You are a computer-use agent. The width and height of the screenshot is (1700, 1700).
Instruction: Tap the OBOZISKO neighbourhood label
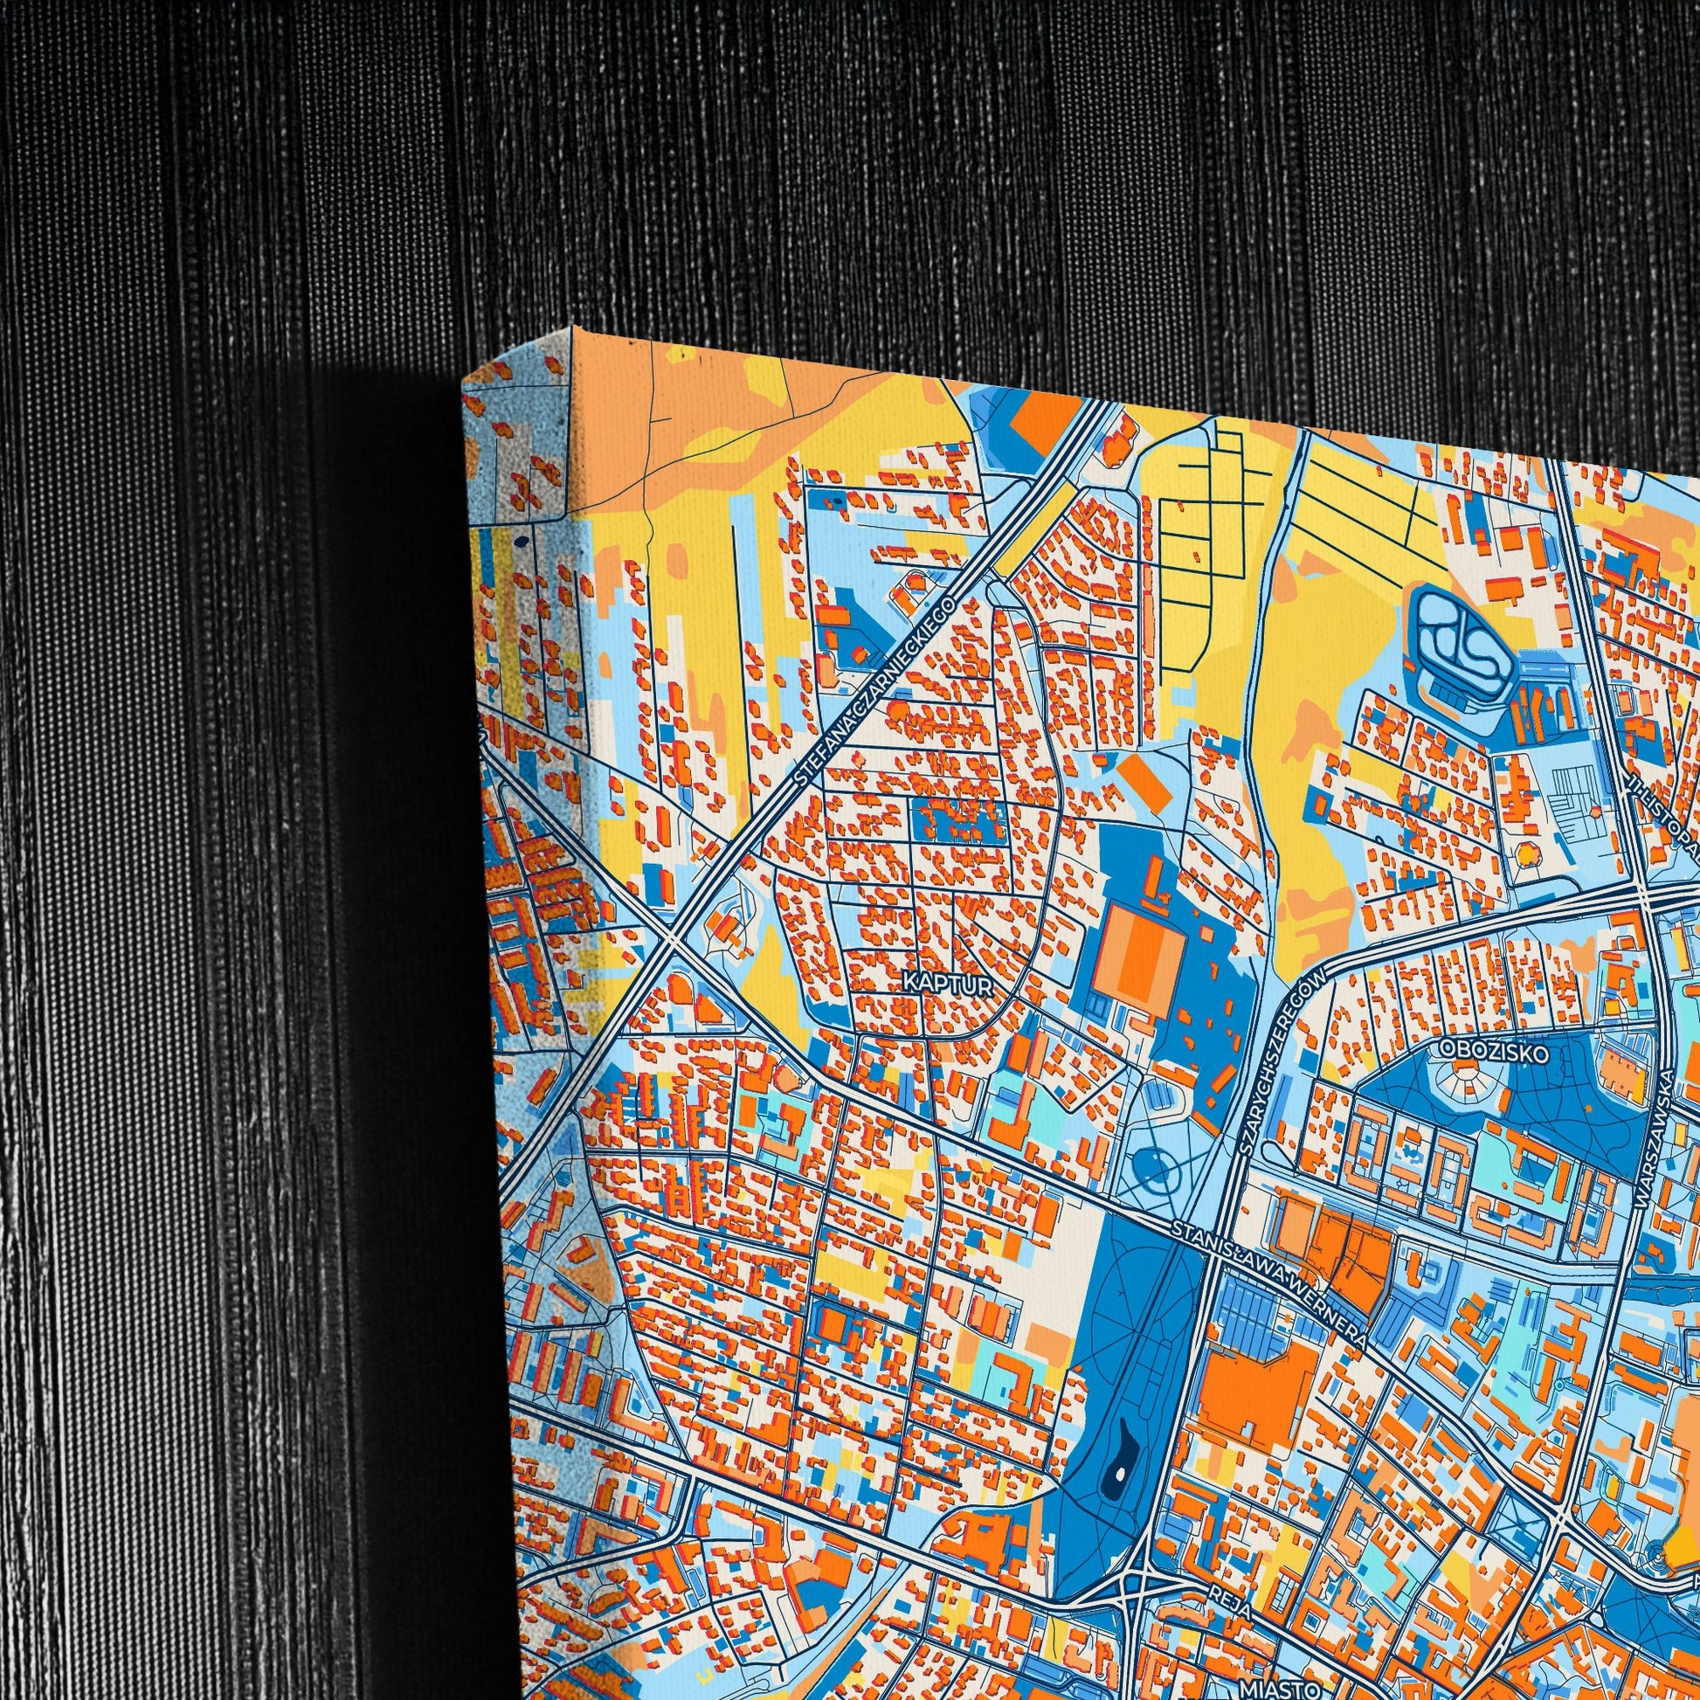[x=1492, y=1050]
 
